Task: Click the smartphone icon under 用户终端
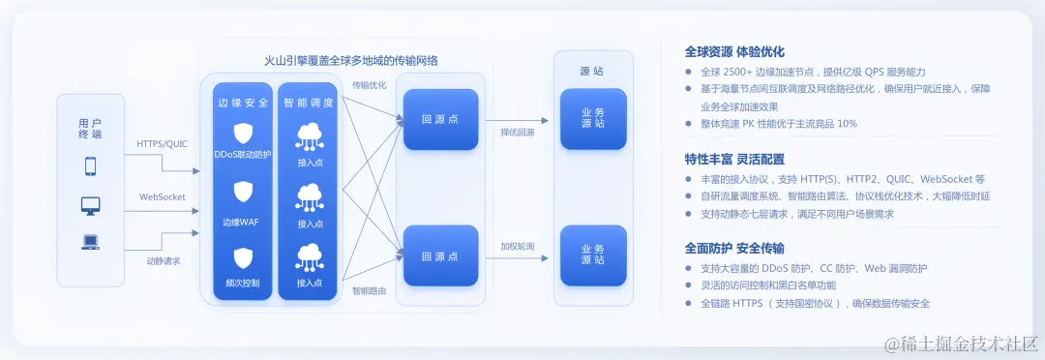(91, 166)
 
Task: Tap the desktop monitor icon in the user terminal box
(91, 205)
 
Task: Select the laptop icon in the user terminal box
(91, 243)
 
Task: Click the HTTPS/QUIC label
(162, 144)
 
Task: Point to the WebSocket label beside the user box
(162, 196)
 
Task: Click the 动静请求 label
(163, 261)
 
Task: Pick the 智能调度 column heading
(310, 102)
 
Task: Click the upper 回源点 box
(440, 119)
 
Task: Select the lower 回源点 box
(440, 256)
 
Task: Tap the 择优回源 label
(517, 133)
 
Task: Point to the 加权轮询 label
(517, 246)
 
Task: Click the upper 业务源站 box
(593, 119)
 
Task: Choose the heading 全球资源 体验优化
(733, 51)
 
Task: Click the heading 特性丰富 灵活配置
(733, 159)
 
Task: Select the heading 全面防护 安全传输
(733, 248)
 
